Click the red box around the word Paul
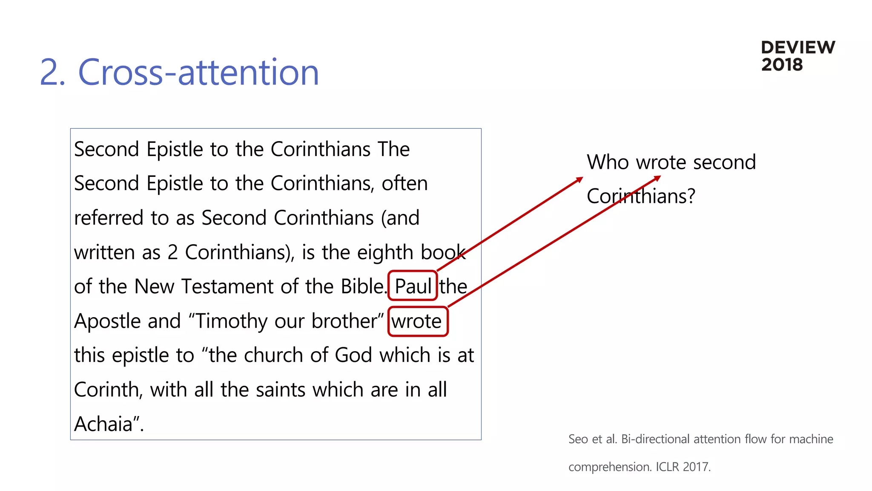(413, 286)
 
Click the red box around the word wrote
(418, 321)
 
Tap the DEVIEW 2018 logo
(797, 56)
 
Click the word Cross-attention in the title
(198, 72)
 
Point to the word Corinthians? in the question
(640, 196)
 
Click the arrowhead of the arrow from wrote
(658, 178)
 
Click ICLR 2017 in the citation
(683, 467)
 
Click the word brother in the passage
(347, 321)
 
